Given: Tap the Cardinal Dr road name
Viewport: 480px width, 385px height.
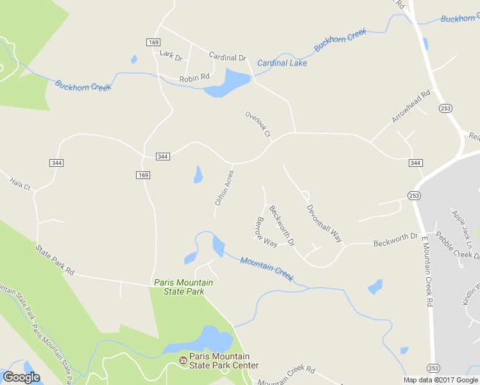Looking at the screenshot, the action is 227,57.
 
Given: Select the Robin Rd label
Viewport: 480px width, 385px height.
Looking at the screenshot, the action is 194,78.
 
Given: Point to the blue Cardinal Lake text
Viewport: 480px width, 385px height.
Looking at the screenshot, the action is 282,63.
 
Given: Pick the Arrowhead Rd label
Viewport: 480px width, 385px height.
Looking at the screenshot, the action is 411,107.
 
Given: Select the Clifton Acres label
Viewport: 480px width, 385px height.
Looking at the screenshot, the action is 224,187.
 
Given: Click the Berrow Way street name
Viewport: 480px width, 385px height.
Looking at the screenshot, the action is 266,232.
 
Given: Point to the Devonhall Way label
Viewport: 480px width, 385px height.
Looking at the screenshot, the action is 324,223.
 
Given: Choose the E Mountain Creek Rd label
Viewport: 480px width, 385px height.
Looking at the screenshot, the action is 425,271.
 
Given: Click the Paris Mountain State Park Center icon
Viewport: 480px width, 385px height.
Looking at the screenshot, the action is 183,361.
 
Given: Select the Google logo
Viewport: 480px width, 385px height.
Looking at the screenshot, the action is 21,377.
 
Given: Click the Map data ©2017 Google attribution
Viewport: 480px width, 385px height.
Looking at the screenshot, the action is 441,380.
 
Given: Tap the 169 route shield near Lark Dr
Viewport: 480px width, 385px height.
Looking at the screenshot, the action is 153,42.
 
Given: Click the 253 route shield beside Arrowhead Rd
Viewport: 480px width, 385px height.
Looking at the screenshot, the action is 445,108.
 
